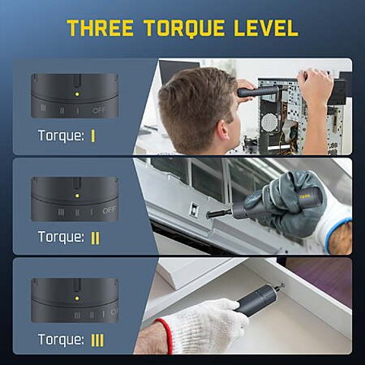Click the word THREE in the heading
[101, 28]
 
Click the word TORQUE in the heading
[187, 28]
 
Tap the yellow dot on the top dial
[77, 94]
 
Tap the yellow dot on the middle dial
[77, 195]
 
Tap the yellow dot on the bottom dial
[77, 297]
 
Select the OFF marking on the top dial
[100, 110]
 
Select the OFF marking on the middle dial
[108, 211]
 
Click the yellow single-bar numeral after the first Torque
[93, 136]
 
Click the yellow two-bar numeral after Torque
[95, 237]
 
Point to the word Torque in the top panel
[61, 136]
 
